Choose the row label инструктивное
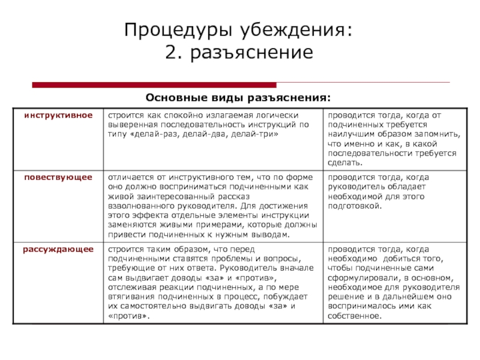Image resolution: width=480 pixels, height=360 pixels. coord(58,115)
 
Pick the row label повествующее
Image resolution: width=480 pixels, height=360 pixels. coord(58,178)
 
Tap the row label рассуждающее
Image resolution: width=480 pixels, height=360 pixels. coord(58,248)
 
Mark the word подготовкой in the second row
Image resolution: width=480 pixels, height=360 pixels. coord(354,205)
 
